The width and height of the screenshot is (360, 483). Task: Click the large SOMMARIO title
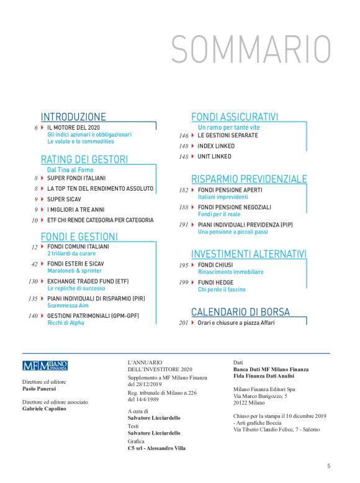pyautogui.click(x=251, y=48)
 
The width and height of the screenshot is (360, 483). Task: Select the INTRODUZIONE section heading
pyautogui.click(x=73, y=117)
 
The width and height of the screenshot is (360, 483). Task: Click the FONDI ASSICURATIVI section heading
pyautogui.click(x=235, y=117)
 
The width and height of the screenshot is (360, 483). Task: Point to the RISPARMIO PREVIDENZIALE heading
pyautogui.click(x=249, y=179)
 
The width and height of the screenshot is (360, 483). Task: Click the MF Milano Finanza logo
pyautogui.click(x=45, y=366)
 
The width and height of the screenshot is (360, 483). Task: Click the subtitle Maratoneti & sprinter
pyautogui.click(x=73, y=271)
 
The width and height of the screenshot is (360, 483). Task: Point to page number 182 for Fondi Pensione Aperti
pyautogui.click(x=183, y=190)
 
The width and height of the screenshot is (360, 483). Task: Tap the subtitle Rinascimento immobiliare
pyautogui.click(x=230, y=272)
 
